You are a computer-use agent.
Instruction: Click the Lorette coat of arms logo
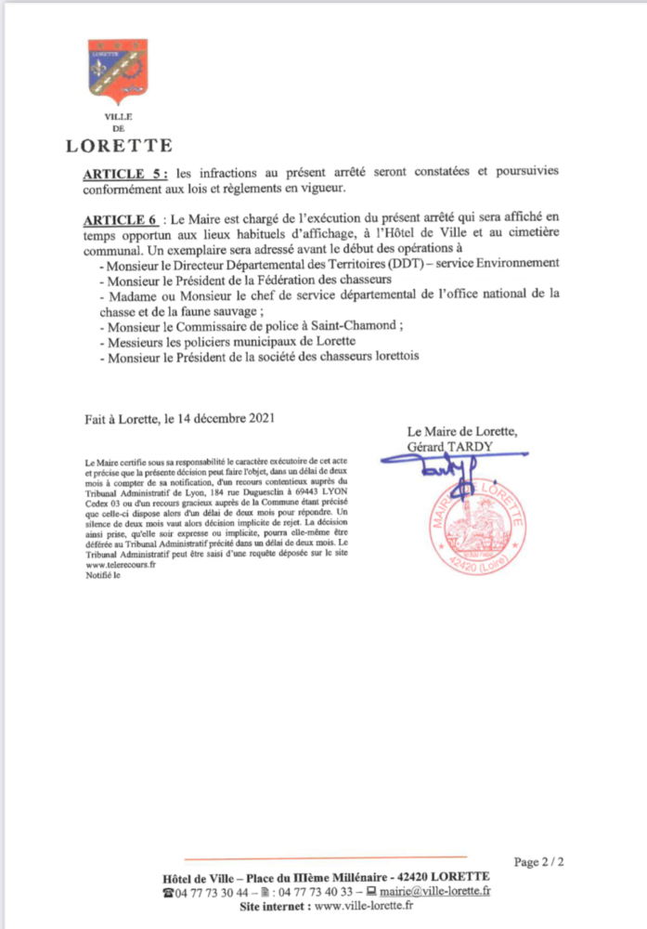117,72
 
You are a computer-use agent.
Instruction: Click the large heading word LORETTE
119,145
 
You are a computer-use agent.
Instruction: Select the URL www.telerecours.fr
122,564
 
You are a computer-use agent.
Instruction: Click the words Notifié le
102,574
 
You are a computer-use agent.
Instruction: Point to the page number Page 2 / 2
539,863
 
